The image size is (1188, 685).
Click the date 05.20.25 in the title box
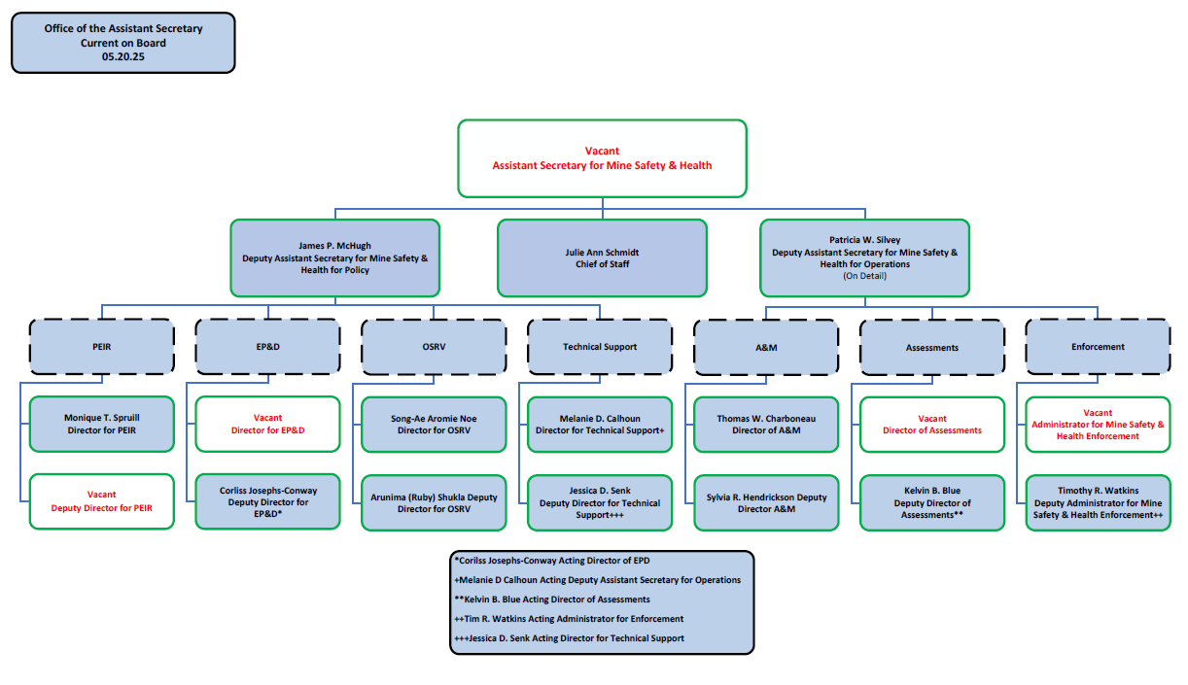pyautogui.click(x=123, y=57)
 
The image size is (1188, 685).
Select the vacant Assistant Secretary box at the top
pyautogui.click(x=602, y=157)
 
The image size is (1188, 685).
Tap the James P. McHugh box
pyautogui.click(x=334, y=257)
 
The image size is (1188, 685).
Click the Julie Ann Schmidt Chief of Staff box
pyautogui.click(x=602, y=257)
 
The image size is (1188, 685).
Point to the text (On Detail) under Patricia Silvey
pyautogui.click(x=864, y=276)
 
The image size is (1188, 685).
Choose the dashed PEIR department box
pyautogui.click(x=102, y=347)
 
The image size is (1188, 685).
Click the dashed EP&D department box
pyautogui.click(x=267, y=347)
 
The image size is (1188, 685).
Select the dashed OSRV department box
pyautogui.click(x=434, y=347)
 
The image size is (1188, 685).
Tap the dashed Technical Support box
pyautogui.click(x=600, y=347)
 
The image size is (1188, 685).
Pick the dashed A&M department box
pyautogui.click(x=766, y=347)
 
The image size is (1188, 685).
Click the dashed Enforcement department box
pyautogui.click(x=1098, y=347)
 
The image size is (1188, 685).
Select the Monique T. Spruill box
pyautogui.click(x=102, y=424)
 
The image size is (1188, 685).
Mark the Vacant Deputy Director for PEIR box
pyautogui.click(x=102, y=501)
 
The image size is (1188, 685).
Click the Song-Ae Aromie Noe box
pyautogui.click(x=434, y=424)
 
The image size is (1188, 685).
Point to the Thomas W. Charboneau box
pyautogui.click(x=766, y=424)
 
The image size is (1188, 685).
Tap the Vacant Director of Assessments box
pyautogui.click(x=932, y=424)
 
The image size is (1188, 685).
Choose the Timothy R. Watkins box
pyautogui.click(x=1098, y=502)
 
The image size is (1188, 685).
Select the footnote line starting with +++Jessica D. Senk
pyautogui.click(x=569, y=638)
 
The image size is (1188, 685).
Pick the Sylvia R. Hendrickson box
pyautogui.click(x=766, y=502)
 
